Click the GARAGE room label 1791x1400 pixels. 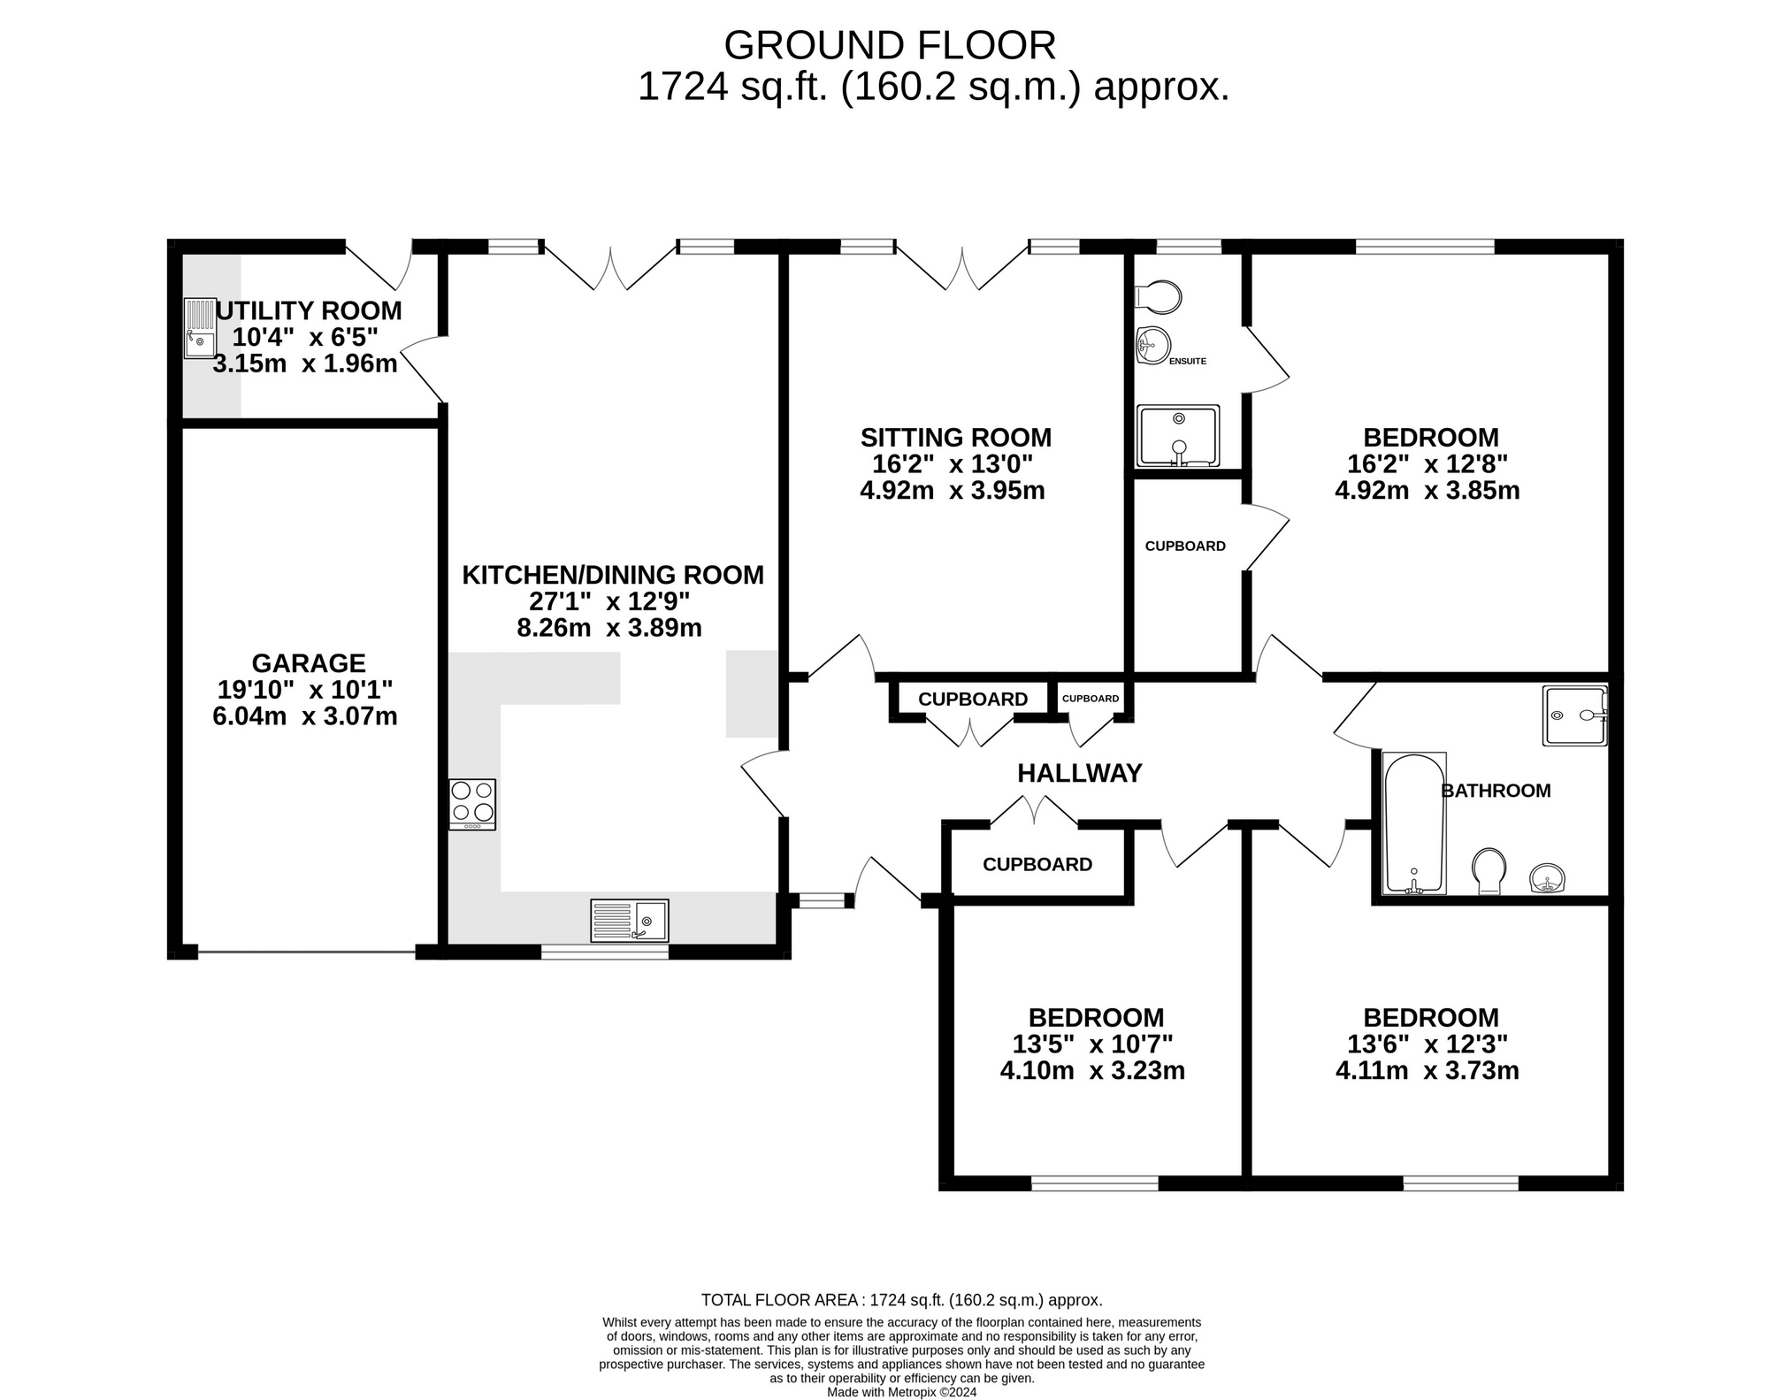tap(309, 662)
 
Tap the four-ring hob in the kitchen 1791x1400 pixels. tap(472, 804)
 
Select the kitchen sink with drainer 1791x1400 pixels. tap(630, 921)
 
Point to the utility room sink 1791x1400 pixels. tap(200, 328)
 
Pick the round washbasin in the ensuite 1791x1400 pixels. tap(1153, 345)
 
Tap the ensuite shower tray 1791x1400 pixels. tap(1178, 436)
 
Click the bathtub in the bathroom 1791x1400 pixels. tap(1414, 823)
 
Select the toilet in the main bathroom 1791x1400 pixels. tap(1489, 871)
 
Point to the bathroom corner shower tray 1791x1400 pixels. tap(1575, 715)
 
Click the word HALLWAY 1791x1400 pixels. tap(1080, 773)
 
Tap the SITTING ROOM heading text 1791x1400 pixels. tap(956, 437)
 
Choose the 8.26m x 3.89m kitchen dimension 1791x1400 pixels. tap(609, 628)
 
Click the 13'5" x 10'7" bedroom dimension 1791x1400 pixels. tap(1093, 1044)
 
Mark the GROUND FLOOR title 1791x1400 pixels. tap(890, 45)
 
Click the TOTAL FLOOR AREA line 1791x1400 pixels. tap(902, 1300)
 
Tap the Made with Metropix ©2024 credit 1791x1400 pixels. tap(902, 1392)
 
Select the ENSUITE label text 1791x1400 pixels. tap(1188, 361)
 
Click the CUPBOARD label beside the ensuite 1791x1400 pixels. tap(1185, 546)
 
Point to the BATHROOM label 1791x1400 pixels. tap(1496, 791)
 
